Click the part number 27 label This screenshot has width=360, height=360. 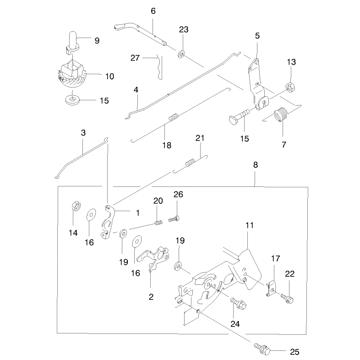click(135, 58)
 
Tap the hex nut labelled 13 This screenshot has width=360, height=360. click(290, 87)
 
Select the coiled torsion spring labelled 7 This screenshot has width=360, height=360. click(281, 115)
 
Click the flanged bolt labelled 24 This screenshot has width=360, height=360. click(239, 303)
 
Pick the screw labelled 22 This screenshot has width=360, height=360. click(287, 299)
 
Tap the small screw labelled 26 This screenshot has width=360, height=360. click(174, 218)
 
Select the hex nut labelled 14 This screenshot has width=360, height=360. click(76, 205)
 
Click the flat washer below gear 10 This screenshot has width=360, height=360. click(72, 100)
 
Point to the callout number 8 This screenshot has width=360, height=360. click(256, 165)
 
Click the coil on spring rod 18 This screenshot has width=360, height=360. click(174, 117)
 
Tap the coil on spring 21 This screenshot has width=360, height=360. click(190, 163)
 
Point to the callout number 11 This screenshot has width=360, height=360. click(250, 225)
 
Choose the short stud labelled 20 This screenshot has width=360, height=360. click(158, 223)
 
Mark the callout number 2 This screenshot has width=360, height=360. click(151, 297)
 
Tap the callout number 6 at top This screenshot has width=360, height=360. click(153, 11)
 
